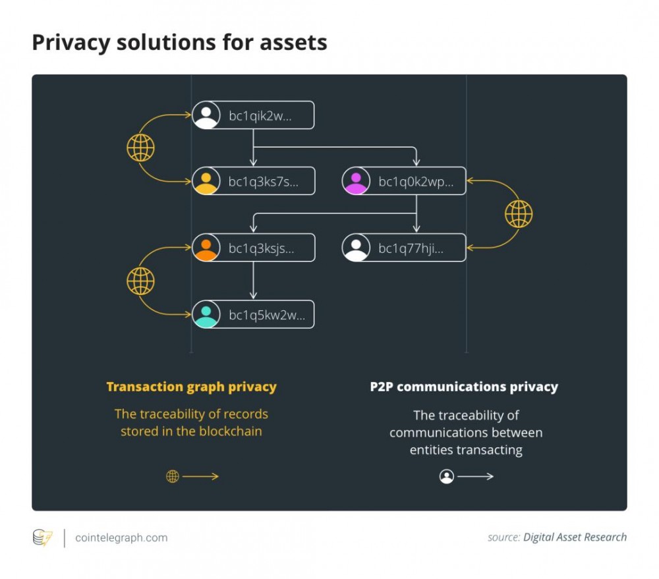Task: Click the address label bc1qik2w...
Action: point(260,115)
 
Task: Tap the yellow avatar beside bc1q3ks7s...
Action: point(206,181)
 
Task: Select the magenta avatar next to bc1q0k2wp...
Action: point(357,181)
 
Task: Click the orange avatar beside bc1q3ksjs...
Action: point(206,248)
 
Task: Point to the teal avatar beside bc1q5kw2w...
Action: point(206,314)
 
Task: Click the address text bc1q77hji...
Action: point(411,248)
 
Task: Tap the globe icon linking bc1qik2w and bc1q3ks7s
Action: point(140,148)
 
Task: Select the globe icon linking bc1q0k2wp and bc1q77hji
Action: point(519,214)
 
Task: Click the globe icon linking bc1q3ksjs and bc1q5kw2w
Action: point(140,281)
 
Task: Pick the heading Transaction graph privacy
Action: point(191,387)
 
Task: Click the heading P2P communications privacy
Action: point(464,387)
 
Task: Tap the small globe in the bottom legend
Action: point(173,476)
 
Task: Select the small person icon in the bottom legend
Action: point(447,476)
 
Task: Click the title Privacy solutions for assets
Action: point(179,42)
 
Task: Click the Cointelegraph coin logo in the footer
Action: point(42,538)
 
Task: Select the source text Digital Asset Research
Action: point(575,537)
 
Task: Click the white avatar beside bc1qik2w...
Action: point(206,115)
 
